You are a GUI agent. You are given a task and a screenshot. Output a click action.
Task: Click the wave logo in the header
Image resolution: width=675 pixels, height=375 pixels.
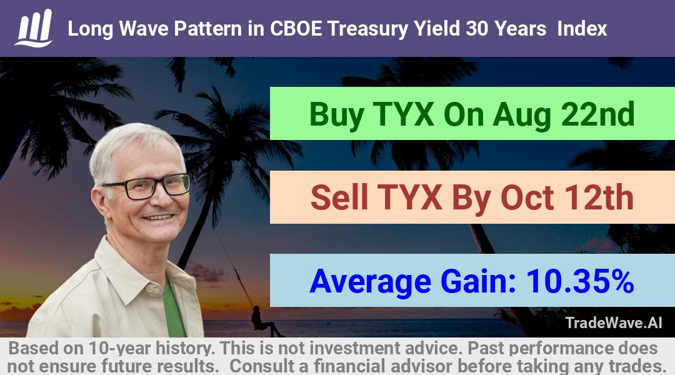coord(34,28)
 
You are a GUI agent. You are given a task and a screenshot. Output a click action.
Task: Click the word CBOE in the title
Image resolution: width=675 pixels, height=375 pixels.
coord(295,29)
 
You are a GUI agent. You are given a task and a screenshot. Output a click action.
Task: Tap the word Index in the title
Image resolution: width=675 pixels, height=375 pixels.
coord(582,29)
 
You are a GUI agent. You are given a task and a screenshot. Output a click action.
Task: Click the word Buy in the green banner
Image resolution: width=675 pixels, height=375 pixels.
coord(336,114)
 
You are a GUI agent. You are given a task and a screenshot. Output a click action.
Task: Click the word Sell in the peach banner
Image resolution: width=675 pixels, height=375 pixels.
coord(339,197)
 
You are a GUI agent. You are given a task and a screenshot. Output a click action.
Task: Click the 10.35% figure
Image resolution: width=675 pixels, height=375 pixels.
coord(580,281)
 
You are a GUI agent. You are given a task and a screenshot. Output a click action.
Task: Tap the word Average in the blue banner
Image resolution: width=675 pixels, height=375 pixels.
coord(370,282)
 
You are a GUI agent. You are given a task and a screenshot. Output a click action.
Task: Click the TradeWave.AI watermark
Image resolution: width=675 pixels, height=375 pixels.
coord(614,322)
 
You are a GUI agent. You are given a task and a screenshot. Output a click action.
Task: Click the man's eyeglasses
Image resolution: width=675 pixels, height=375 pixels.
coord(146,186)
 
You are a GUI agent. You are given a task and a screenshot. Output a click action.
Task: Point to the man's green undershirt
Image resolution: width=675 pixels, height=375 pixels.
coord(173,311)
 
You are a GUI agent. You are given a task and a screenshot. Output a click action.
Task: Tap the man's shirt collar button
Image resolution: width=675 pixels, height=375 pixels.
coord(150,287)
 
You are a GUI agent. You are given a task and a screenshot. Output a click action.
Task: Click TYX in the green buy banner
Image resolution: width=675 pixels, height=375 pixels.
coord(403,114)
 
